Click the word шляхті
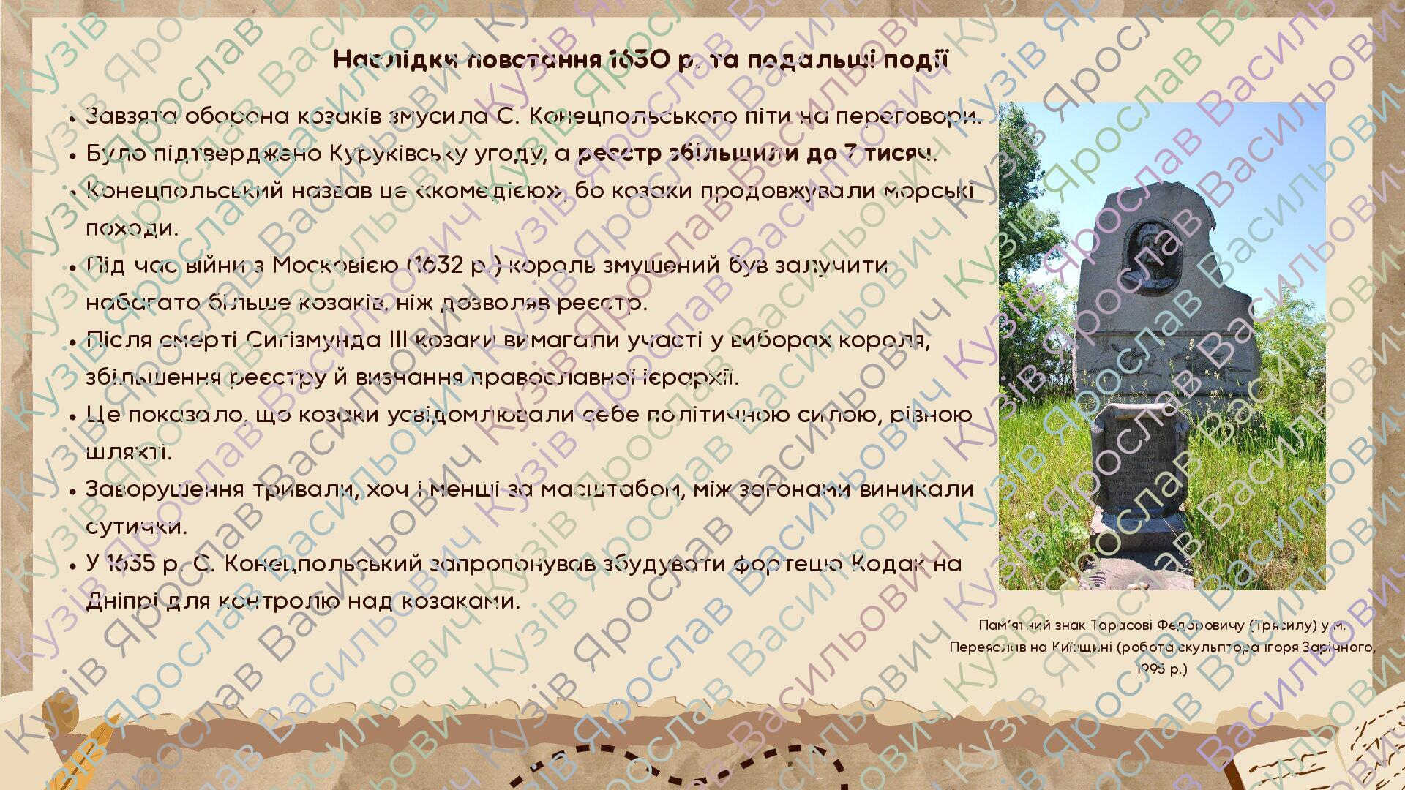(129, 453)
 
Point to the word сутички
(136, 527)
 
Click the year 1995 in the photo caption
(1151, 669)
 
